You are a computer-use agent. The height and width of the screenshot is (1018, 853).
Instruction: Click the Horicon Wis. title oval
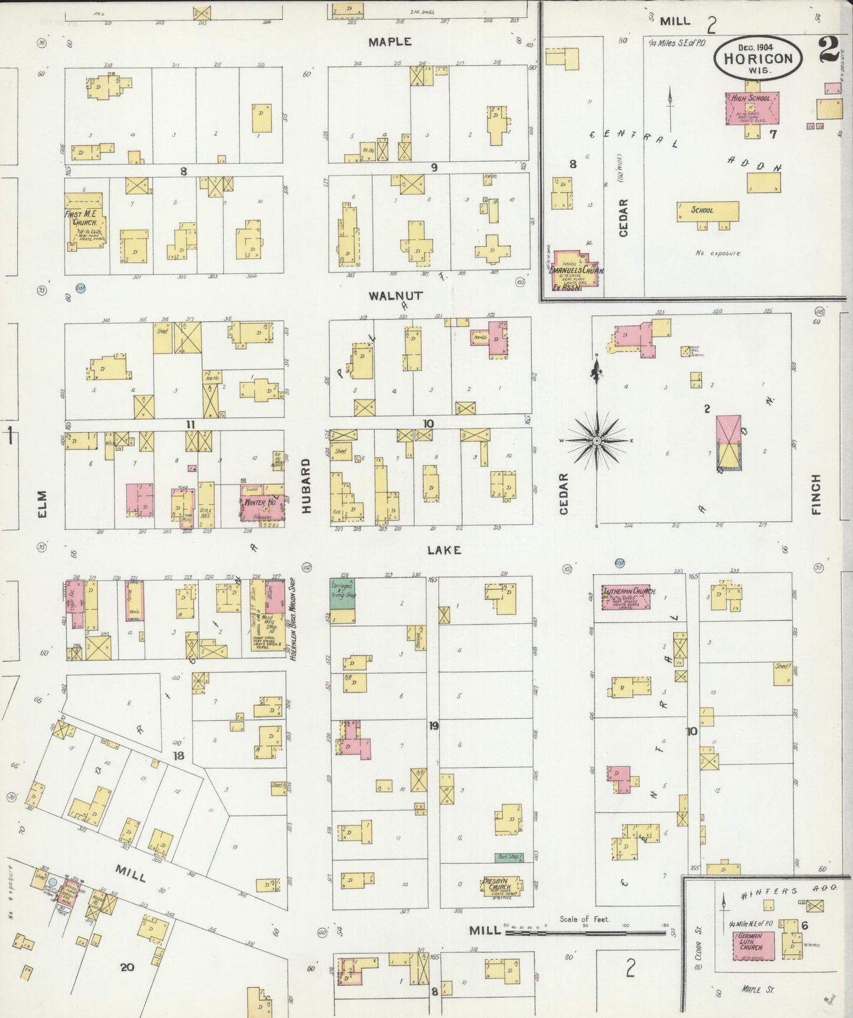click(x=758, y=58)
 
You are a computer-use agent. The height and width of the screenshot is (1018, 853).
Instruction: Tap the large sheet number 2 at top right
click(x=829, y=49)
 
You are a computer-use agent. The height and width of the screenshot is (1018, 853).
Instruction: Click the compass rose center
click(x=596, y=441)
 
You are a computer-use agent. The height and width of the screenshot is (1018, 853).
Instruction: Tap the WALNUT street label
click(x=388, y=295)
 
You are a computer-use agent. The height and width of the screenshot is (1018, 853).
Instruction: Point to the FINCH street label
click(x=816, y=494)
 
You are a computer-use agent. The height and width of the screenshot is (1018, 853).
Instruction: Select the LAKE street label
click(x=444, y=550)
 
